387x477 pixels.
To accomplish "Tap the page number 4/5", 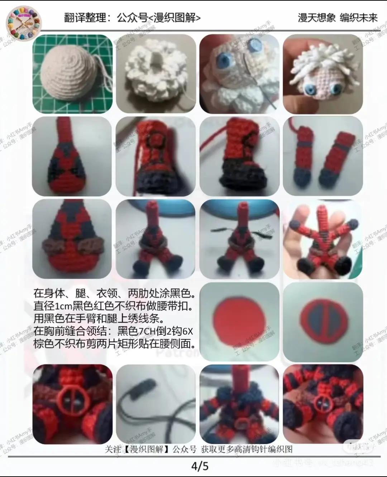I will [x=200, y=466].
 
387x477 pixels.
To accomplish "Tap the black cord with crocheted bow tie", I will [x=156, y=404].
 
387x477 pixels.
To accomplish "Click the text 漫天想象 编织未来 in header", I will [x=338, y=18].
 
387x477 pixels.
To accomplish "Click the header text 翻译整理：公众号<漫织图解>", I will [x=132, y=18].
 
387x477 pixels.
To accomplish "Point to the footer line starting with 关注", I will [x=199, y=449].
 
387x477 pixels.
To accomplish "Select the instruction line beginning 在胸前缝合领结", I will [x=113, y=331].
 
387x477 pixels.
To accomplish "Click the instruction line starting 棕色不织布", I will [x=115, y=343].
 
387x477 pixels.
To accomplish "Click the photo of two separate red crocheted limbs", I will [x=322, y=156].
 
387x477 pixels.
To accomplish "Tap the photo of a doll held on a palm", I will [x=322, y=239].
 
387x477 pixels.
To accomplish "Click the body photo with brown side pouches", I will [x=72, y=239].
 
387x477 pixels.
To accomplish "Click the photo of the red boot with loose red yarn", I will [x=239, y=156].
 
